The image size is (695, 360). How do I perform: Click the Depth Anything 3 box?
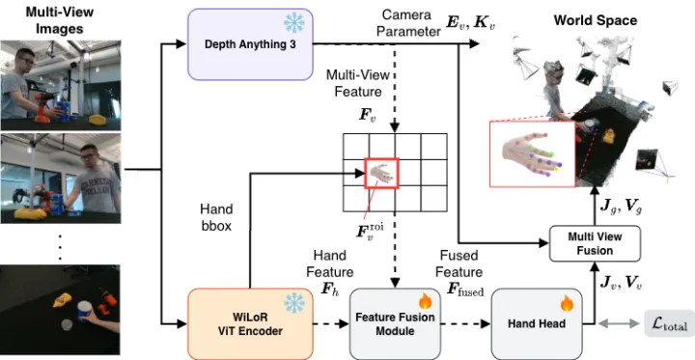coord(250,44)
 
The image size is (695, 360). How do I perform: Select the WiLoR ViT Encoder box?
coord(250,324)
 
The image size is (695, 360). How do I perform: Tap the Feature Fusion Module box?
coord(396,324)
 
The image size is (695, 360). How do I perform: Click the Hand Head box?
coord(537,324)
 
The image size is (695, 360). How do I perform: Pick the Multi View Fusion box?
coord(595,243)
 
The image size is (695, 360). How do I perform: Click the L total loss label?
coord(669,324)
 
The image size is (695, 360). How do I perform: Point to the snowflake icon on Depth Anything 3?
coord(294,22)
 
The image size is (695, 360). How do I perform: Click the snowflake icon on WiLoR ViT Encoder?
coord(294,303)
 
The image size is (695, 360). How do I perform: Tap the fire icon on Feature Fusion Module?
coord(425,302)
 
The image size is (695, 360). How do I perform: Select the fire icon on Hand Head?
coord(567,303)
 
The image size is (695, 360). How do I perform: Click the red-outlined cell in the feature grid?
coord(381,174)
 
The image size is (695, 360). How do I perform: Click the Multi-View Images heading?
coord(60,20)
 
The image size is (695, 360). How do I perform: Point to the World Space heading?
coord(596,20)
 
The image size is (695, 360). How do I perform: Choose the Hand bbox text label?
coord(216,217)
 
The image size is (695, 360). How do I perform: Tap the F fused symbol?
coord(465,290)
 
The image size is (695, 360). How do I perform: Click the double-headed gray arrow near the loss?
coord(619,324)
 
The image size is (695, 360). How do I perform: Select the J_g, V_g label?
coord(615,208)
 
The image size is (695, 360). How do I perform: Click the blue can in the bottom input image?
coord(84,311)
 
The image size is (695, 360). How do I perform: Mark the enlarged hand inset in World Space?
coord(532,153)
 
